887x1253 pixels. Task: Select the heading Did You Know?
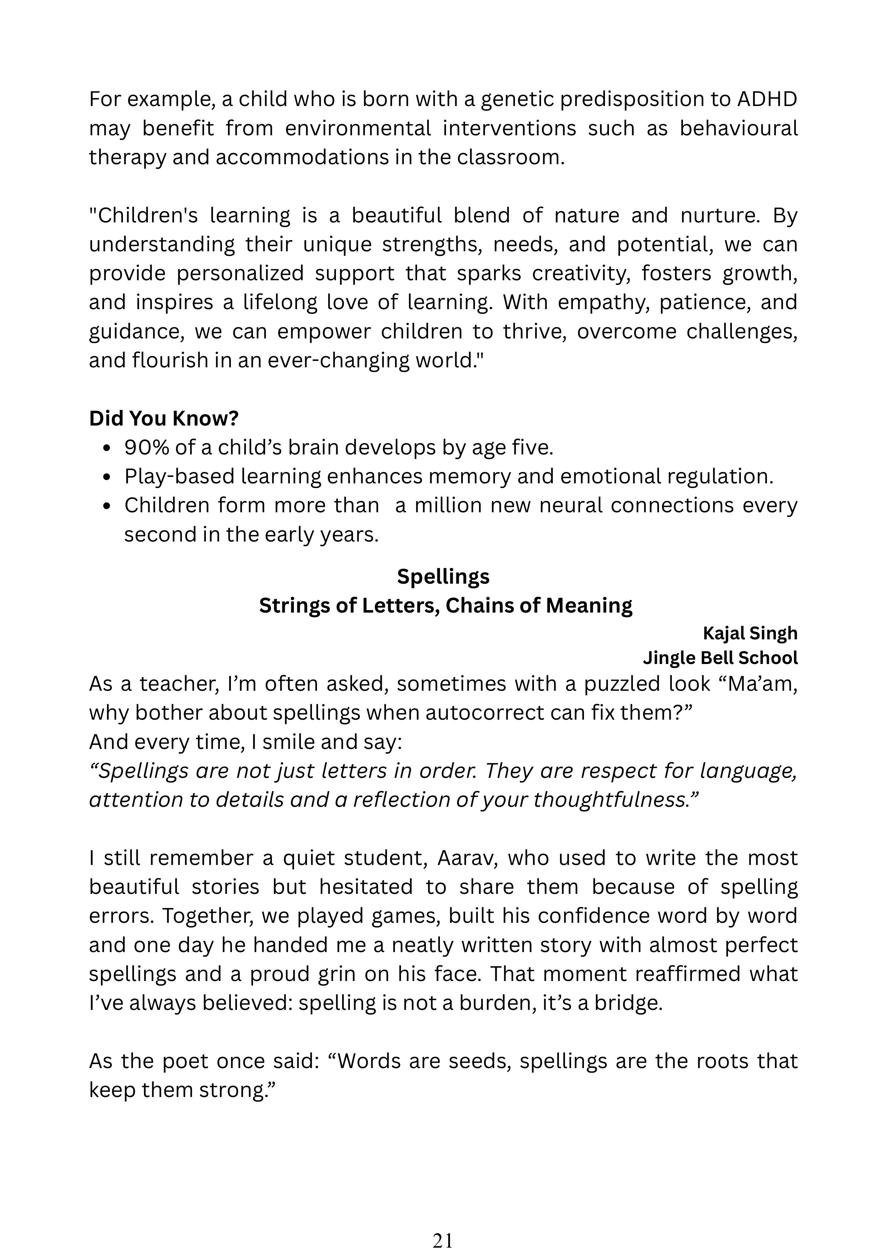[x=164, y=419]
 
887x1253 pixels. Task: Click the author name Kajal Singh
[x=750, y=633]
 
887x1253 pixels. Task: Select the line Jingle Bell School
[x=720, y=658]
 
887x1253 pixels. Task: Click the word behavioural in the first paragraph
[x=738, y=128]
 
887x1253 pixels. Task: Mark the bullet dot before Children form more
[x=107, y=506]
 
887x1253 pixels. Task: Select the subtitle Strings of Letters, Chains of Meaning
[x=445, y=606]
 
